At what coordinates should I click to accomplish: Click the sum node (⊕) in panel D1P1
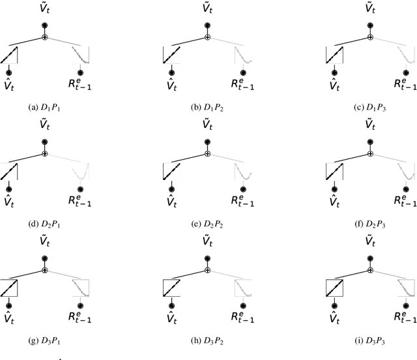coord(45,37)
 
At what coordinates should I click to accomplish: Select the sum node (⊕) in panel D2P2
coord(208,153)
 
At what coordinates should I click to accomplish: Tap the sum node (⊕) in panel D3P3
coord(371,269)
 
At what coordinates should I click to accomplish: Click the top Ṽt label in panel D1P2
coord(208,10)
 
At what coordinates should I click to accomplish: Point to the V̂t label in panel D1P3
coord(334,84)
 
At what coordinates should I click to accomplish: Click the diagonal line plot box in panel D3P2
coord(171,286)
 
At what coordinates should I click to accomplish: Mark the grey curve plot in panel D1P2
coord(243,55)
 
